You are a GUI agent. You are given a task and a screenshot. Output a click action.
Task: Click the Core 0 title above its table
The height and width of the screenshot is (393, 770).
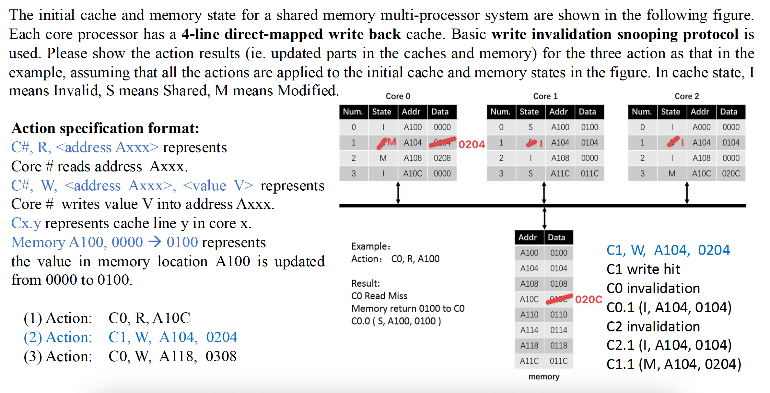click(x=398, y=96)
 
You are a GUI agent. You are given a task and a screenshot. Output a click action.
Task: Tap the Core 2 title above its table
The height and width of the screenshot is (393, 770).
click(x=687, y=96)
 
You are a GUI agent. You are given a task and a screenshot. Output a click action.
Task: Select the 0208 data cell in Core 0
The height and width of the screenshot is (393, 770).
click(x=442, y=158)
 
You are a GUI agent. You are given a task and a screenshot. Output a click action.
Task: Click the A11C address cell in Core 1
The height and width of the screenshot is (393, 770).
click(x=560, y=173)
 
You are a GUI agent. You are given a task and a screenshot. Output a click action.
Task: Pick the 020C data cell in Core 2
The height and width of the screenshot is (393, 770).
click(x=731, y=173)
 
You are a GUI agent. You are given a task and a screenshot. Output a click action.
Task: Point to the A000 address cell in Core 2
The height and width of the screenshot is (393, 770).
click(x=701, y=127)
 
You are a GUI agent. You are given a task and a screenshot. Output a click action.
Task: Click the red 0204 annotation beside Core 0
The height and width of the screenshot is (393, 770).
click(x=472, y=144)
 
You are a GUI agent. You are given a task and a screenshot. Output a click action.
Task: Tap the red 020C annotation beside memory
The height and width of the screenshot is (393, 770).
click(x=589, y=299)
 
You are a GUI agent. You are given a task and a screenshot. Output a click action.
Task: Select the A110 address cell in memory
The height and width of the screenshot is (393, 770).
click(x=529, y=315)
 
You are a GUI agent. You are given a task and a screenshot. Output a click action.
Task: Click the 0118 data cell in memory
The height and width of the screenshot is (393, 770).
click(x=559, y=346)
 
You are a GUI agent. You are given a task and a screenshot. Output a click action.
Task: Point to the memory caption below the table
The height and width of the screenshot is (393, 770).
click(x=544, y=376)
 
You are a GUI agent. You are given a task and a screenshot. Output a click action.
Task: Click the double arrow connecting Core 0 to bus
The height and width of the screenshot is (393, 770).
click(x=398, y=193)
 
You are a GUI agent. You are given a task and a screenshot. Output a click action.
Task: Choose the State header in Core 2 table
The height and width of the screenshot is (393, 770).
click(x=671, y=112)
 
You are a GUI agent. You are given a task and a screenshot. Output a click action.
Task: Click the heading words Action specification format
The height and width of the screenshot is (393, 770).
click(x=105, y=128)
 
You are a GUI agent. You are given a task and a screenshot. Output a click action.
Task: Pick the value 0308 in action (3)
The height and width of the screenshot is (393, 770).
click(x=221, y=356)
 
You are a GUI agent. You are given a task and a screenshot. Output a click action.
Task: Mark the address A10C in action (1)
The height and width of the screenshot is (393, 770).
click(x=171, y=318)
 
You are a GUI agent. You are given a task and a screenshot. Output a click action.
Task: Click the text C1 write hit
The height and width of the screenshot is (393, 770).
click(x=643, y=269)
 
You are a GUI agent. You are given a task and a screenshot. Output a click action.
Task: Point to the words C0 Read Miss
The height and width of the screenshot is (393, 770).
click(x=379, y=296)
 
